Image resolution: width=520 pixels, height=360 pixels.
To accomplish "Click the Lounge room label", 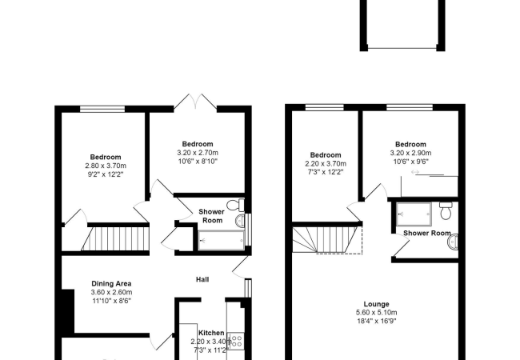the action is tap(377, 304).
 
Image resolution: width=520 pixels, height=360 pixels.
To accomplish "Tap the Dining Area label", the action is tap(111, 283).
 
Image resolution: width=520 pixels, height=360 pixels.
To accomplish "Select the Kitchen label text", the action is tap(211, 333).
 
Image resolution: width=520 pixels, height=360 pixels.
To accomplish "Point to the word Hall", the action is tap(202, 279).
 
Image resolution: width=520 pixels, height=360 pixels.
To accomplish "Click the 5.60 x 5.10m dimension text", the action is tap(377, 312).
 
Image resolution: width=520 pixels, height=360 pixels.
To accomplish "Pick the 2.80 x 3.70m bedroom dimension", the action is tap(106, 166).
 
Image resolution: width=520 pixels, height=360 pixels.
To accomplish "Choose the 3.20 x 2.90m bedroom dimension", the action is tap(410, 153).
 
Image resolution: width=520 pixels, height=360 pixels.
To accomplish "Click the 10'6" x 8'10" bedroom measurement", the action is tap(198, 162).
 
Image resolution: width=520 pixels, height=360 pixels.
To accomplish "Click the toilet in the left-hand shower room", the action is tap(236, 205).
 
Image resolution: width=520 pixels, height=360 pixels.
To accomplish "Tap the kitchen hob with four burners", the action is tap(236, 341).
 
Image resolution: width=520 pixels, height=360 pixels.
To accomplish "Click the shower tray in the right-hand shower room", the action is tap(414, 214).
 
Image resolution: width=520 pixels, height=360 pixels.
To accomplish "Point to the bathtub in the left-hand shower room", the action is tap(221, 240).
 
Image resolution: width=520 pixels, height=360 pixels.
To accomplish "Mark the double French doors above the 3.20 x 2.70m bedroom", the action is tap(196, 102).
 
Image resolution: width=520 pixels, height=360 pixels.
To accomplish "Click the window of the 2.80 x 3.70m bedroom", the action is tap(102, 109).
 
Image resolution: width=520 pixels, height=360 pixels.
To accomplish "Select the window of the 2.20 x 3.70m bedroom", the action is tap(325, 107).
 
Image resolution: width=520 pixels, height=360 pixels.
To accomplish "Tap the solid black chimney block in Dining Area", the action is tap(68, 310).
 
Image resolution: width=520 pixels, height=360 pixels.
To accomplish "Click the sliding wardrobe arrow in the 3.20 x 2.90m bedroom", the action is tap(415, 172).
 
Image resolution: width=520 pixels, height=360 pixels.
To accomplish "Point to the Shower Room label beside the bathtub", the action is tap(211, 216).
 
